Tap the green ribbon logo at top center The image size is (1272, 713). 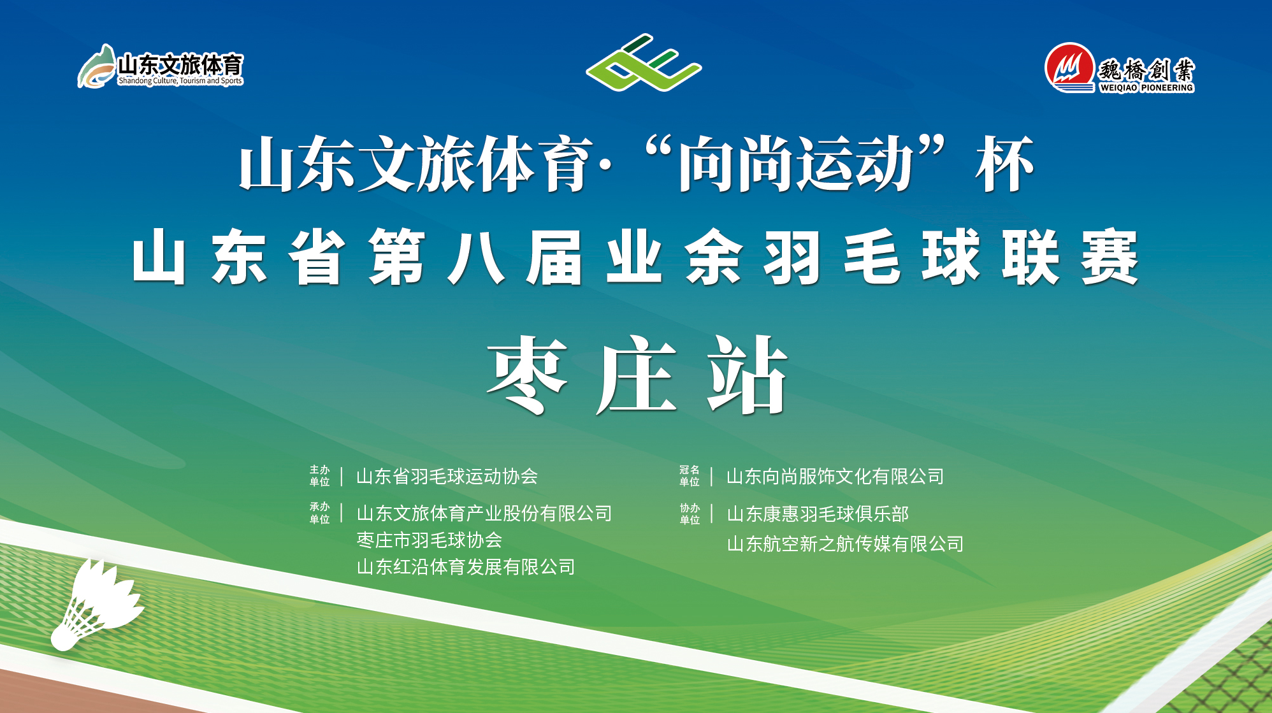pos(644,62)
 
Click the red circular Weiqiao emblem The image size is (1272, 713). pos(1069,68)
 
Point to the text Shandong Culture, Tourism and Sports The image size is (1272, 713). pos(180,81)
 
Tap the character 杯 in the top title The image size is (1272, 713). pos(1004,164)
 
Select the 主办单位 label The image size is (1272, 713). pos(320,476)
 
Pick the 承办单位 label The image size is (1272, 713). pos(320,513)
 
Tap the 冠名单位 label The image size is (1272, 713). pos(690,476)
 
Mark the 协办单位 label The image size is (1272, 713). pos(690,514)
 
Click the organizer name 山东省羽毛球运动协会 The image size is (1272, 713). pos(447,476)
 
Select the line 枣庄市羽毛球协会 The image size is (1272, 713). pos(430,540)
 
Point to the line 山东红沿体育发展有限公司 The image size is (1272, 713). pos(466,567)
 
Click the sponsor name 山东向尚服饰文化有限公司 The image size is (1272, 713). pos(835,476)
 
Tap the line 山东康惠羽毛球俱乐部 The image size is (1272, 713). pos(818,514)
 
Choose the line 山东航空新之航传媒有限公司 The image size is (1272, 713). pos(845,544)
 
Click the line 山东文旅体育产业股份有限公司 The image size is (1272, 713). pos(484,513)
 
